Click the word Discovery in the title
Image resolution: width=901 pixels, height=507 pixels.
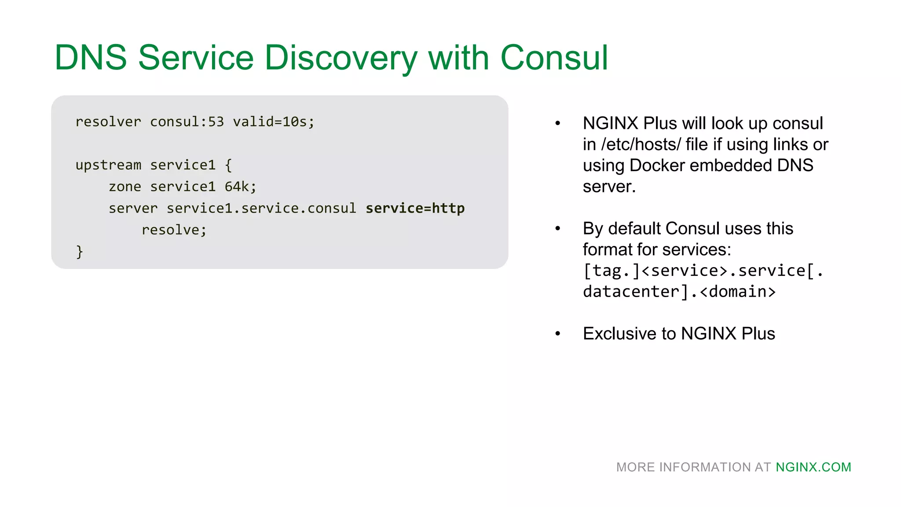pos(341,58)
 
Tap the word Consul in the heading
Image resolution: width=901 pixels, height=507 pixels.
pos(554,58)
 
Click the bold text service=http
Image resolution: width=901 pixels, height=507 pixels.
pos(415,208)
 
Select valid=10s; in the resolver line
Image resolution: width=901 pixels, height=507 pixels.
pos(274,122)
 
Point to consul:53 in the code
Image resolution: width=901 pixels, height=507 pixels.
pos(187,122)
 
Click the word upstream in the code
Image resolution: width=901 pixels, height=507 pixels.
pos(108,165)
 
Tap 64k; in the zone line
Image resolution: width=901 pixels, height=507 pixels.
pos(240,187)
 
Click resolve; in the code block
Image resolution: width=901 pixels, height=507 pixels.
pos(174,230)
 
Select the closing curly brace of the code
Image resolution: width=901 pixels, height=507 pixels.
pos(79,252)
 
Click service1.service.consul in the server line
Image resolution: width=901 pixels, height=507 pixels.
pos(261,208)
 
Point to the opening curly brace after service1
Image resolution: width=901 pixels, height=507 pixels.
pos(228,165)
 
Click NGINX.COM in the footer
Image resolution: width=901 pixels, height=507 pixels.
pos(813,467)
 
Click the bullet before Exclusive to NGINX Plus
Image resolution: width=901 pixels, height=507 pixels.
pos(557,334)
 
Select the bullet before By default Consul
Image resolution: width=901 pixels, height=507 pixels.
pos(557,228)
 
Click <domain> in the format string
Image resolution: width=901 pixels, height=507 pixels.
pos(738,292)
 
